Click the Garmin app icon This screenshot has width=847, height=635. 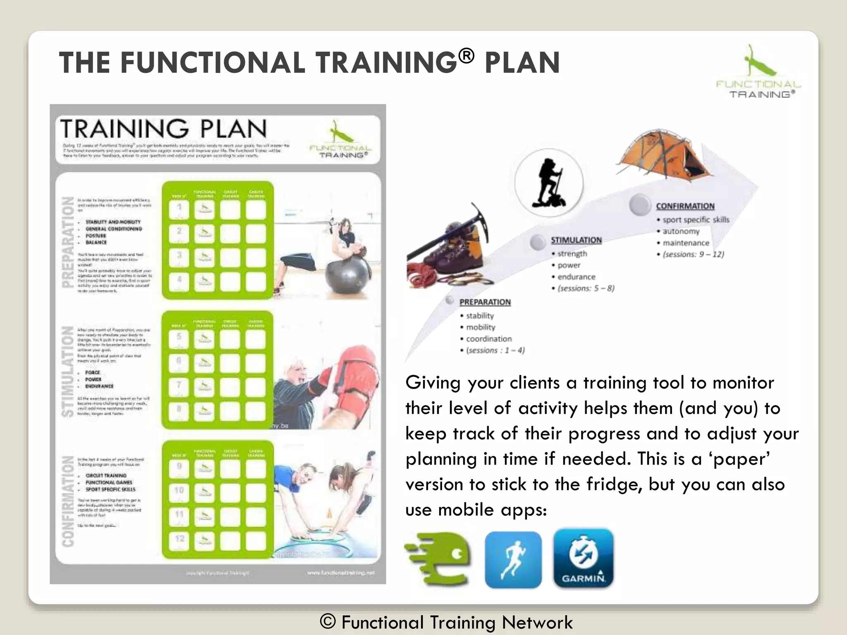(583, 558)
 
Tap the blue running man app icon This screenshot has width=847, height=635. (513, 560)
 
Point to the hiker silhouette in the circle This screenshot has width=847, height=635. (548, 182)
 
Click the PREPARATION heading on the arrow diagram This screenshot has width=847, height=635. (485, 302)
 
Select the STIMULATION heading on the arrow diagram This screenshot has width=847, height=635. (576, 240)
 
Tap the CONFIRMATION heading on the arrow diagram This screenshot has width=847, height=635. (685, 206)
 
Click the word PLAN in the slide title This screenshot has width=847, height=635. (522, 63)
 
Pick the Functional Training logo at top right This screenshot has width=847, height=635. (758, 72)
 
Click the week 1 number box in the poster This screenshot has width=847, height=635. (179, 209)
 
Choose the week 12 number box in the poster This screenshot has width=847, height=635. (179, 540)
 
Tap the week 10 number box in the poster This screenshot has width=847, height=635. (179, 491)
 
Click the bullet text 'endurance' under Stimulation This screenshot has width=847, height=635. (576, 277)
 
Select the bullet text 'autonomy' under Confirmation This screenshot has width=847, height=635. (681, 232)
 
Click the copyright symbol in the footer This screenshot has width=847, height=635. (328, 621)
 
